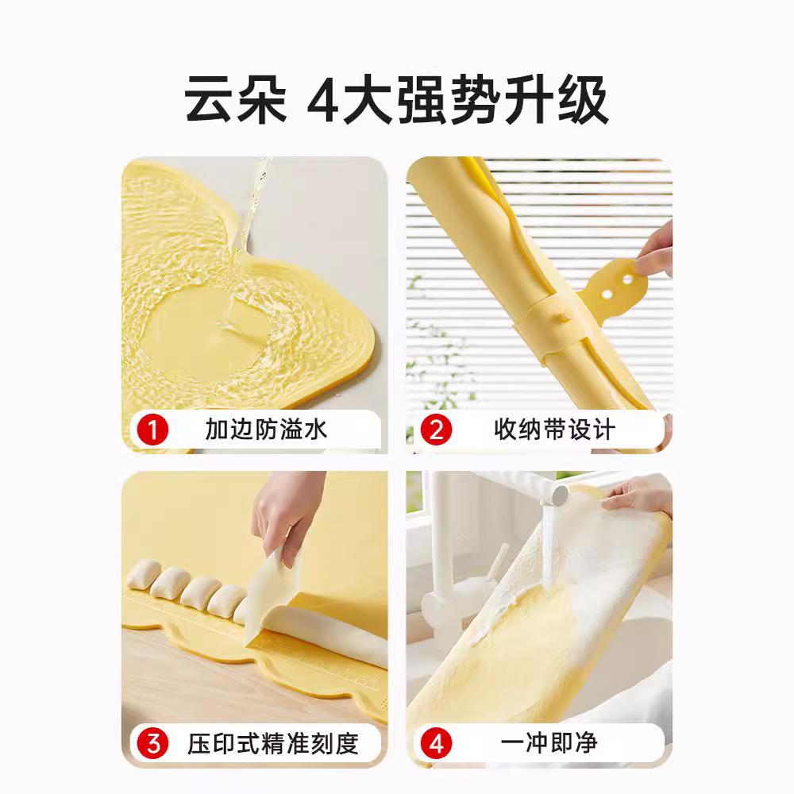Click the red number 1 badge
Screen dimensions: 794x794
pyautogui.click(x=153, y=430)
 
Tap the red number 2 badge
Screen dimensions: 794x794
pyautogui.click(x=436, y=430)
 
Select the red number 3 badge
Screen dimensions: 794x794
pyautogui.click(x=153, y=744)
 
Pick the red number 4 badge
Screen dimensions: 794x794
pyautogui.click(x=436, y=744)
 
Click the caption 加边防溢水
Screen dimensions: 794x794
pyautogui.click(x=266, y=430)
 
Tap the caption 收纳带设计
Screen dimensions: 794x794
pyautogui.click(x=554, y=430)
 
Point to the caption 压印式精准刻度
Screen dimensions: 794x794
pyautogui.click(x=273, y=744)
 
